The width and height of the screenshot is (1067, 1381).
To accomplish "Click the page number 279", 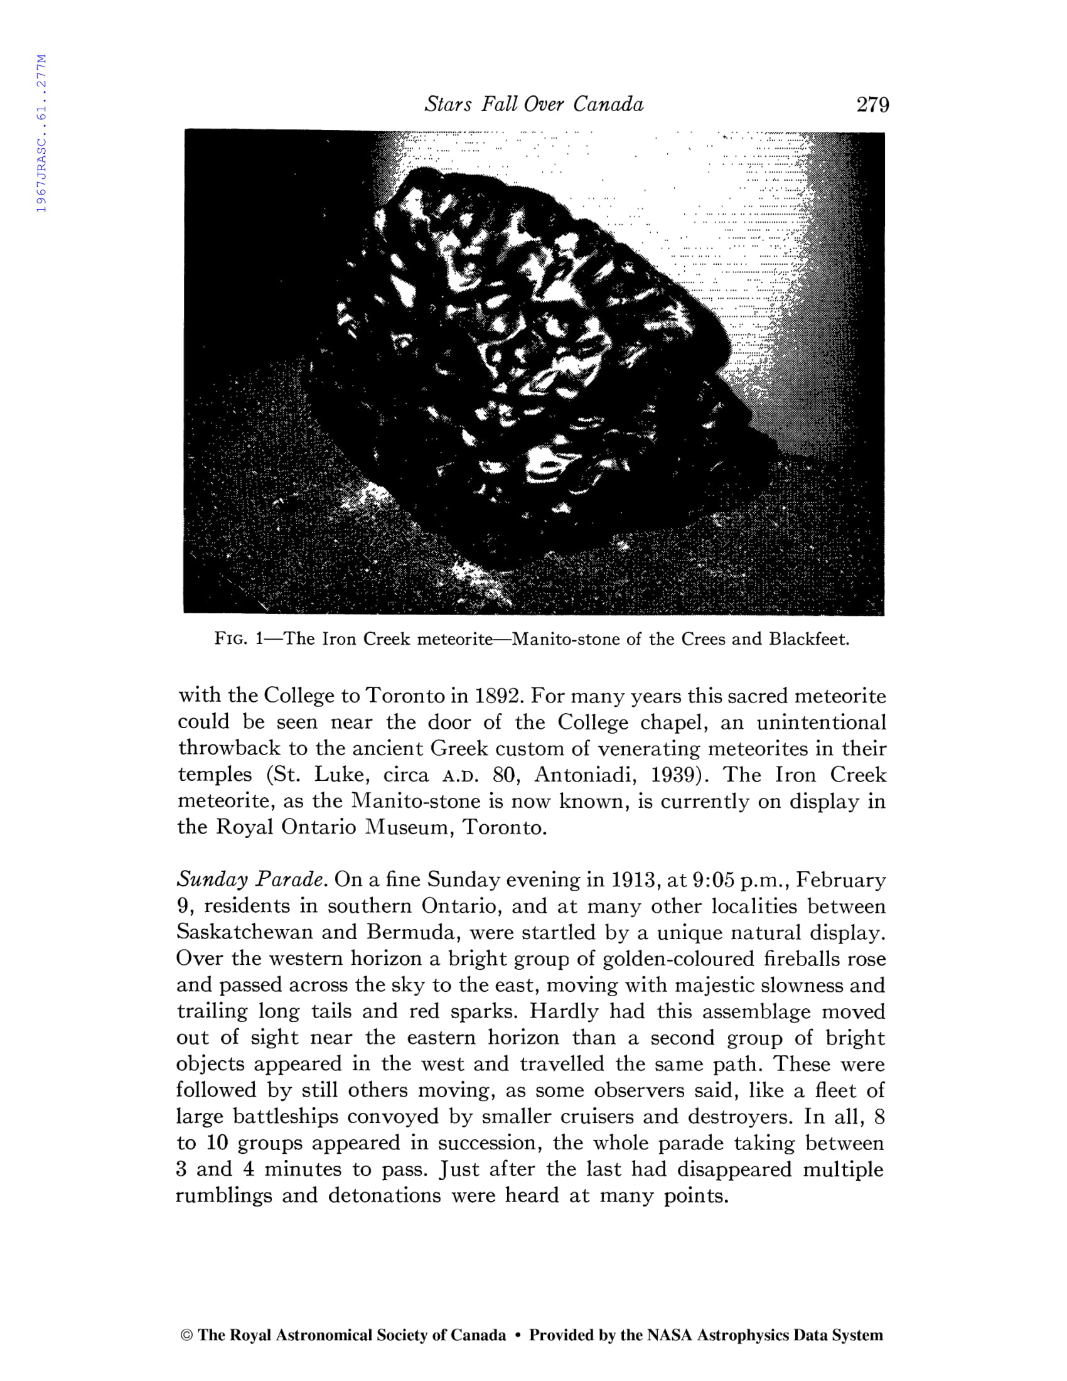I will coord(872,104).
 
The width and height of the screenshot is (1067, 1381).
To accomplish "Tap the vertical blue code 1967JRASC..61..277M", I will coord(41,134).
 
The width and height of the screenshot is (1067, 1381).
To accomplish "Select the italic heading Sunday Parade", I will coord(251,879).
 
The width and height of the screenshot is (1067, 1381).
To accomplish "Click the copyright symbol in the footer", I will coord(186,1335).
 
